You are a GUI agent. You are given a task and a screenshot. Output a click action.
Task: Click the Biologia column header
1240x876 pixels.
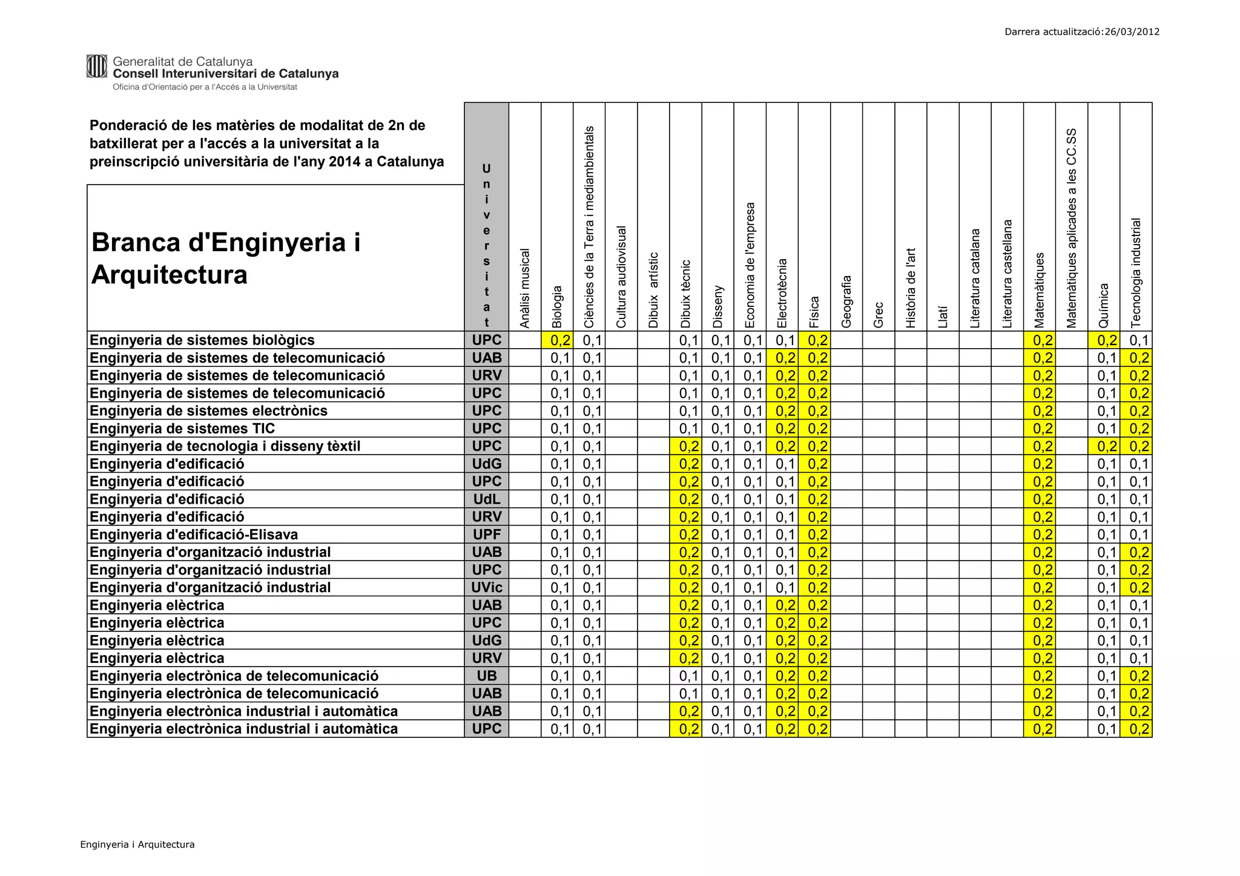click(558, 306)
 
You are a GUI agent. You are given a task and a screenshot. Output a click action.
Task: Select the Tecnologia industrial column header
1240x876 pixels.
click(1136, 272)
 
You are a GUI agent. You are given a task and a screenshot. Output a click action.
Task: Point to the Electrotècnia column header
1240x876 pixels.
click(782, 293)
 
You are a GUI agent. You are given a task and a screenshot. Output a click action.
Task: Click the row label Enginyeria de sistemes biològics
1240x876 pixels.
click(202, 340)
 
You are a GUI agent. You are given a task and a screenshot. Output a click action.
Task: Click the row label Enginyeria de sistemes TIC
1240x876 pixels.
click(182, 429)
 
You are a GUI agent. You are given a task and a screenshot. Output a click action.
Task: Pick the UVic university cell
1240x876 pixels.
click(487, 587)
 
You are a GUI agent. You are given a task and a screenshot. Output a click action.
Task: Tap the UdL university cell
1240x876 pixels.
click(487, 499)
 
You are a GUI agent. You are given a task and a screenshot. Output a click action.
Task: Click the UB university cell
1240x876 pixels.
click(487, 676)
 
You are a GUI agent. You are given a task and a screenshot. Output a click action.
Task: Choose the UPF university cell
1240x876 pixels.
click(487, 535)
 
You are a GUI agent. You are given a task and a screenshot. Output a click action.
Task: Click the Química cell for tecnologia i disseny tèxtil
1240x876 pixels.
click(1104, 446)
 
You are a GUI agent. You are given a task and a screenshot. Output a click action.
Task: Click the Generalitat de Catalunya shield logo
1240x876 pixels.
click(97, 66)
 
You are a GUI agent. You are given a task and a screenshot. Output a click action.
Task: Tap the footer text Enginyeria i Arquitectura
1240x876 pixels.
click(137, 845)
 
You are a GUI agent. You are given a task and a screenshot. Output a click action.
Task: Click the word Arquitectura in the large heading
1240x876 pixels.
click(170, 275)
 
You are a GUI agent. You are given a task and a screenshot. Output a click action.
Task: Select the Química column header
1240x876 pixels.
click(1104, 305)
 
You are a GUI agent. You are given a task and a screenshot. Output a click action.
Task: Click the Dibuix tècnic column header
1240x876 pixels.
click(686, 294)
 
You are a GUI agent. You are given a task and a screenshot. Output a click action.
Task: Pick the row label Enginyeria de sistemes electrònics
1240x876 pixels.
click(208, 411)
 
